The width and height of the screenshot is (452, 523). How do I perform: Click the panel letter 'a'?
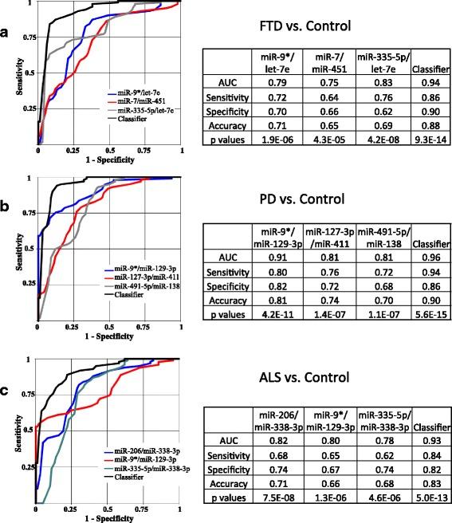[6, 34]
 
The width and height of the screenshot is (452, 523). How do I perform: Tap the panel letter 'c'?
[6, 390]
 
